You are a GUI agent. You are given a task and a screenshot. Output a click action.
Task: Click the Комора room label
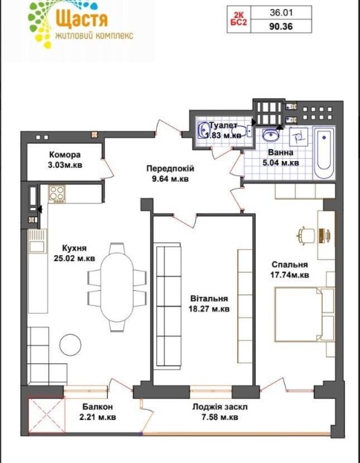point(65,155)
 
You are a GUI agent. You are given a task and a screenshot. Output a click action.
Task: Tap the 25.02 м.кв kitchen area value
point(75,258)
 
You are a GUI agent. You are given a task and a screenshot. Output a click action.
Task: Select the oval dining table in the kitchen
point(117,287)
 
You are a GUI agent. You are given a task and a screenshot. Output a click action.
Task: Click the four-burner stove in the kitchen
point(57,193)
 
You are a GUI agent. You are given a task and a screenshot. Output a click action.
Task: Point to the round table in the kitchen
point(70,345)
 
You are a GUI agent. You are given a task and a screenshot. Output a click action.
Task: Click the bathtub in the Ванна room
point(323,153)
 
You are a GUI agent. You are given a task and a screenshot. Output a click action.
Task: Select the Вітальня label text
point(209,299)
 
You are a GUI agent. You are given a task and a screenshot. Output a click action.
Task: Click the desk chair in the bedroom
point(306,236)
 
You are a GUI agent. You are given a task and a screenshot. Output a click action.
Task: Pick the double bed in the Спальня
point(304,314)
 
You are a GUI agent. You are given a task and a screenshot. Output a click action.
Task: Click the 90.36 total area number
point(281,26)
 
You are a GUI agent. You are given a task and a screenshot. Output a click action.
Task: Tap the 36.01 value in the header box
point(281,12)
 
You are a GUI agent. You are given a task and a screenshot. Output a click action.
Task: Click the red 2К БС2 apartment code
point(238,19)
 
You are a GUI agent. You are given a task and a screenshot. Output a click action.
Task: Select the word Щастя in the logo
point(82,17)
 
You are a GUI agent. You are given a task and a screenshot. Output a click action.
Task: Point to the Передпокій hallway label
point(171,169)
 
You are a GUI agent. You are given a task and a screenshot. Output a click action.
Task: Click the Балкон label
point(97,407)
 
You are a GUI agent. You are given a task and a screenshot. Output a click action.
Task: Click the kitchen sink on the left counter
point(37,242)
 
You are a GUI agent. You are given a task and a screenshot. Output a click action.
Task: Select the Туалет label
point(223,126)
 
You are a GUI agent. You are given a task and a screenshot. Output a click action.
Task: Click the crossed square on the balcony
point(47,416)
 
